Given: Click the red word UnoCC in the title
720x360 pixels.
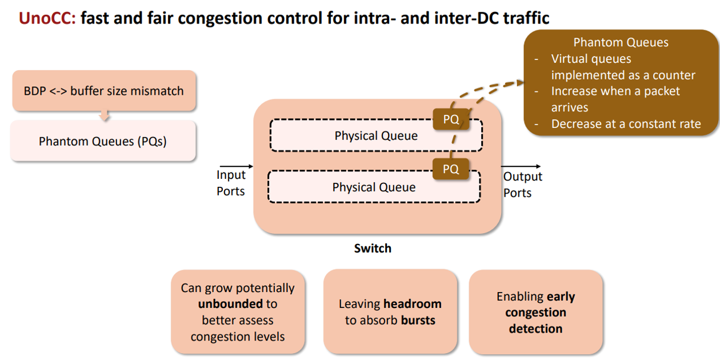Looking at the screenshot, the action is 47,18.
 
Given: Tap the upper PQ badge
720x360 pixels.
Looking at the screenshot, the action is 451,119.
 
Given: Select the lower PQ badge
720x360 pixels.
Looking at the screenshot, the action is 450,169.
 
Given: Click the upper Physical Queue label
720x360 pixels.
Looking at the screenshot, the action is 376,135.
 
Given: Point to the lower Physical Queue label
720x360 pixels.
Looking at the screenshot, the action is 374,187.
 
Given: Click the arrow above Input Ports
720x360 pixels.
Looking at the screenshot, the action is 236,166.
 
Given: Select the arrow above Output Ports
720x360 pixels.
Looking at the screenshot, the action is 521,166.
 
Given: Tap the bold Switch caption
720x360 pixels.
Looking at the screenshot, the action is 373,249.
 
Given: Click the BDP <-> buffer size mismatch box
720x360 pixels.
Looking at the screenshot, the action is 104,91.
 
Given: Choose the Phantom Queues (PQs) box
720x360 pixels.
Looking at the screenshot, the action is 103,141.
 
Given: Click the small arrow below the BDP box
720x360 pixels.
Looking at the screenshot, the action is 104,115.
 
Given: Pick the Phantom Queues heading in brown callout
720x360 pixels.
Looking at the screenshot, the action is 621,42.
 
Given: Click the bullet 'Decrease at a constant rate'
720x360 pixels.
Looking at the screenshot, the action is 626,124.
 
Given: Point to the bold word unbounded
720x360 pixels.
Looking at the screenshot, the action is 230,304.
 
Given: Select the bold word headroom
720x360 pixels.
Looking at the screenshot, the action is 413,304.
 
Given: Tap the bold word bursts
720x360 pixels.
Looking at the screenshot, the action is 418,320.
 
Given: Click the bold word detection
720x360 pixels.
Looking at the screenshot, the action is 535,329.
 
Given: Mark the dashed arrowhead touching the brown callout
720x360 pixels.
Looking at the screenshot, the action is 518,83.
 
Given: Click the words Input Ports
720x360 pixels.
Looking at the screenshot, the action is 231,183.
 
